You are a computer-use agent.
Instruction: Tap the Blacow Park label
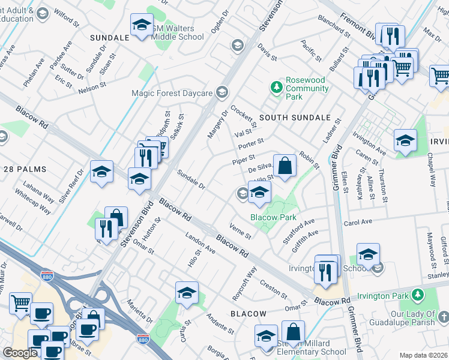click(273, 217)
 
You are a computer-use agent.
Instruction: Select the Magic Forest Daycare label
click(172, 93)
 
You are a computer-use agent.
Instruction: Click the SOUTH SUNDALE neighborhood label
click(295, 118)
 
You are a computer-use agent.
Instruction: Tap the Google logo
click(20, 352)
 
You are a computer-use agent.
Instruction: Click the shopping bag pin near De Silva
click(286, 165)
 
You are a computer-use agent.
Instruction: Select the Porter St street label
click(251, 143)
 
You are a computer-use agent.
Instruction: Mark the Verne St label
click(240, 230)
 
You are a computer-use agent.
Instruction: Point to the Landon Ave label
click(200, 242)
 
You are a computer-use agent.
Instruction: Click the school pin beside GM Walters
click(142, 25)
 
